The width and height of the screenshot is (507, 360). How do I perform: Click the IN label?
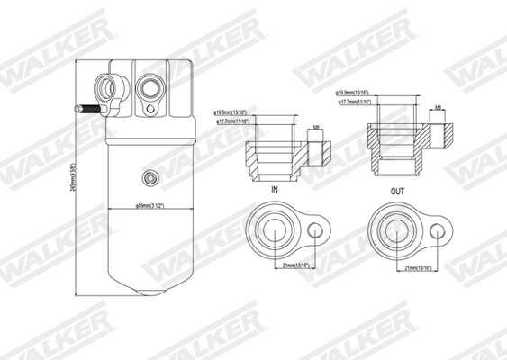coord(274,192)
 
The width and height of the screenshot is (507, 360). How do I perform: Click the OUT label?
coord(398,191)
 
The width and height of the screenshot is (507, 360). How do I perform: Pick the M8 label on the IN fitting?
coord(316,128)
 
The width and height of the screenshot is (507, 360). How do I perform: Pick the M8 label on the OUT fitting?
coord(437,108)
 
